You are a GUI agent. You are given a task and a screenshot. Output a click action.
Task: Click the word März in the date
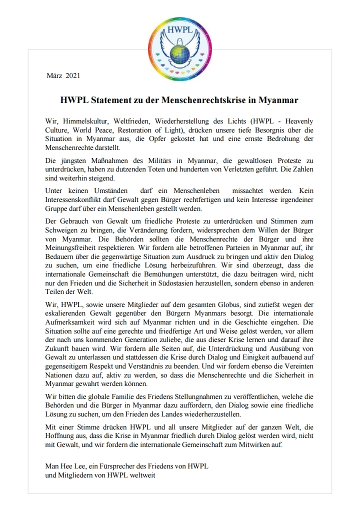[x=54, y=76]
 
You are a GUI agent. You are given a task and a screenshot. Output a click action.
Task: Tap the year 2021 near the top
[x=72, y=76]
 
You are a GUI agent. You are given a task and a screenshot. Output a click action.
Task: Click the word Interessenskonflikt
[x=74, y=199]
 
